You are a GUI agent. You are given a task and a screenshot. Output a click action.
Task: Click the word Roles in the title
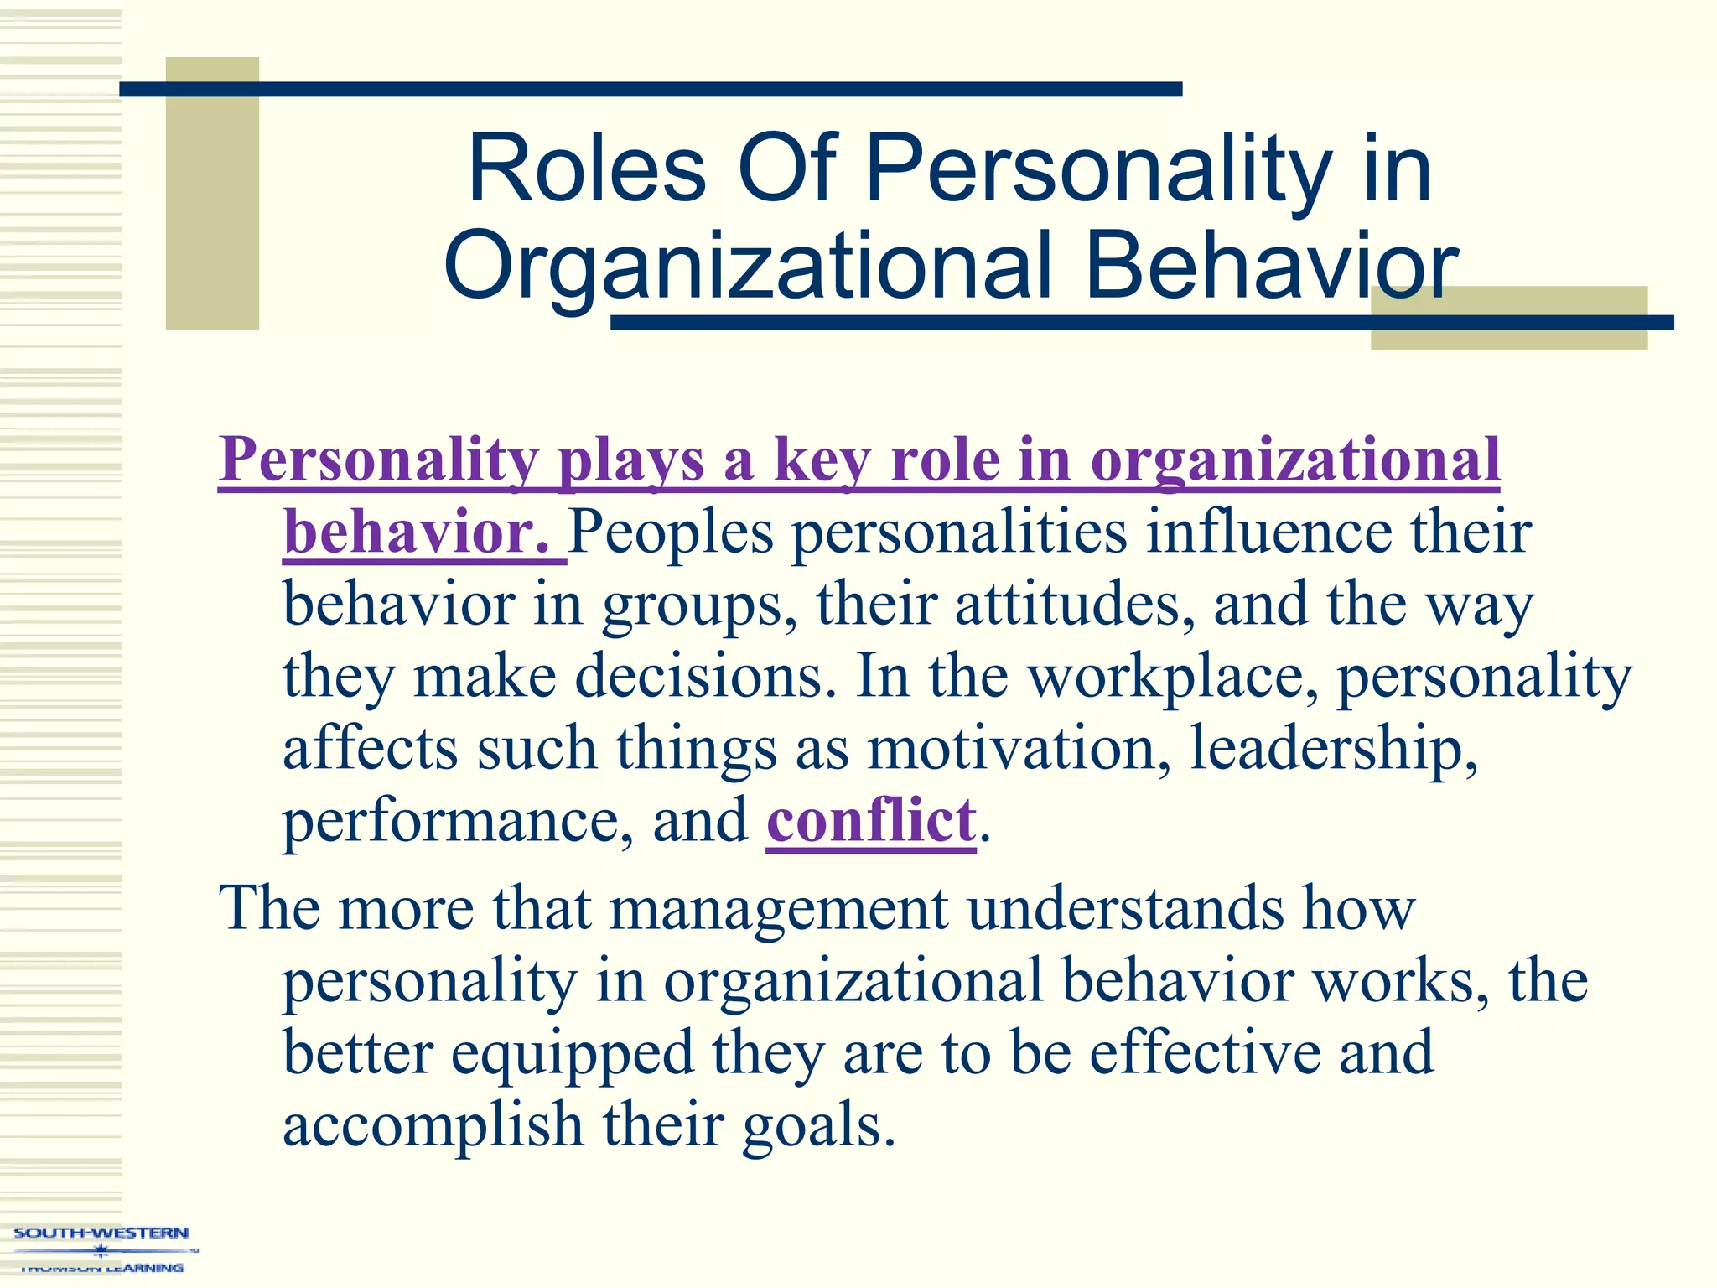(587, 170)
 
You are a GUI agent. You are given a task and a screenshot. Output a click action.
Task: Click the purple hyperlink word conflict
(871, 821)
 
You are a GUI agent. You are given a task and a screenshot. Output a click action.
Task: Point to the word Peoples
(672, 533)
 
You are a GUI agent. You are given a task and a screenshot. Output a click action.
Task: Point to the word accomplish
(433, 1126)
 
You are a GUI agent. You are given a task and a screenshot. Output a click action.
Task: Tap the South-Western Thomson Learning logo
(101, 1249)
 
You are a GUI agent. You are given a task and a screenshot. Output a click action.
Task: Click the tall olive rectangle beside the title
(212, 193)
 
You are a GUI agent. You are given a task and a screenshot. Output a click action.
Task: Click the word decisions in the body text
(705, 677)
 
